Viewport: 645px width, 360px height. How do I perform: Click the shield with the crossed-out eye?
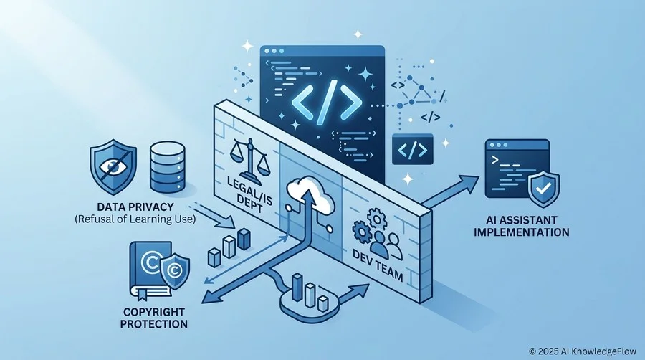click(x=113, y=166)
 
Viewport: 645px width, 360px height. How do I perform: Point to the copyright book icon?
click(x=151, y=270)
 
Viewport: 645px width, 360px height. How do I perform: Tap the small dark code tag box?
click(x=413, y=149)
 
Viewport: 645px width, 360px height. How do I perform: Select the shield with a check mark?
click(x=544, y=189)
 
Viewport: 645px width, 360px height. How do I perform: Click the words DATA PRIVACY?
click(x=135, y=207)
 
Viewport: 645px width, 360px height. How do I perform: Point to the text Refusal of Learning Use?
click(x=135, y=219)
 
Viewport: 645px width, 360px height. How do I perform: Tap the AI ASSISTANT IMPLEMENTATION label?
click(x=521, y=226)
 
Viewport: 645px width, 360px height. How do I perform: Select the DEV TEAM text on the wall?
click(x=378, y=266)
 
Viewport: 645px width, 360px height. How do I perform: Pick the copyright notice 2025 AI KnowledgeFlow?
click(x=583, y=351)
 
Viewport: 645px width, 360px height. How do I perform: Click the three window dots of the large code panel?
click(x=274, y=52)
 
